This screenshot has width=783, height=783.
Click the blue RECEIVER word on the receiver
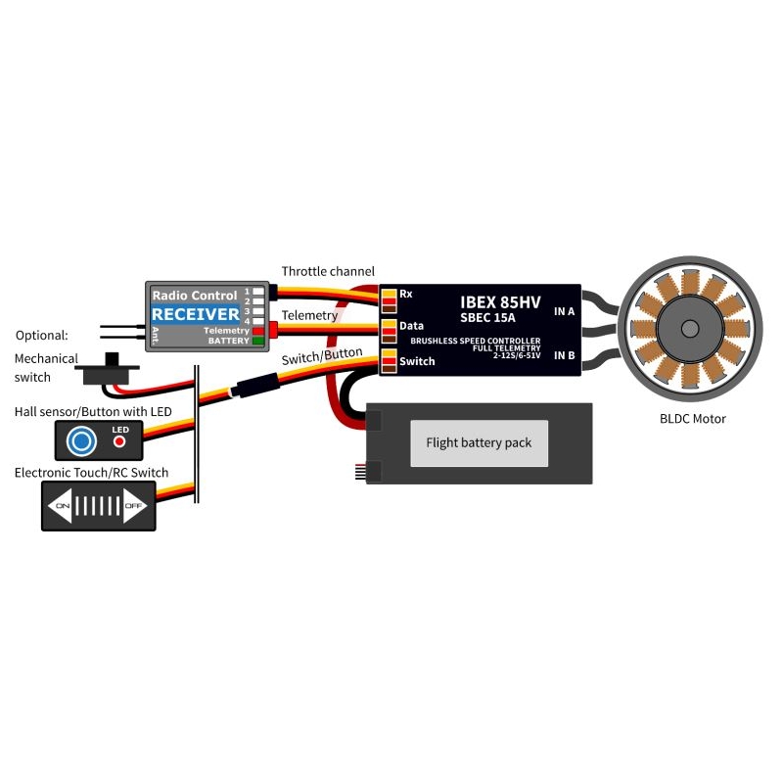click(x=195, y=314)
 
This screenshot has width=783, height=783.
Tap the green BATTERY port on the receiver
click(x=258, y=341)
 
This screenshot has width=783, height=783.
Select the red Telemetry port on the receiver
click(x=258, y=331)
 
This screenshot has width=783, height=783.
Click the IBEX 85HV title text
click(x=500, y=302)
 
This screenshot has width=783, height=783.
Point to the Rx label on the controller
click(x=406, y=294)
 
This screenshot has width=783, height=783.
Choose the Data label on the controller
click(x=411, y=326)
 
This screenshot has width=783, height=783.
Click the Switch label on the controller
click(x=417, y=361)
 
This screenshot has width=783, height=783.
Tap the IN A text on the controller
click(x=565, y=311)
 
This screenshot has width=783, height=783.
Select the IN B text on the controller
click(x=565, y=355)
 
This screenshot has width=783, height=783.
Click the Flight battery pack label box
click(x=479, y=443)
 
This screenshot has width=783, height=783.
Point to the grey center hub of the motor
click(x=690, y=329)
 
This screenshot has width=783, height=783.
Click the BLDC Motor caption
click(x=693, y=419)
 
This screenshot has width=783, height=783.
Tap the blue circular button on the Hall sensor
click(x=81, y=441)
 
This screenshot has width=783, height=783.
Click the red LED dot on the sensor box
click(x=119, y=441)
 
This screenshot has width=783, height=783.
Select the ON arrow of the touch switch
click(x=61, y=506)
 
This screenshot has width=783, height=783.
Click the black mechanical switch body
click(x=107, y=371)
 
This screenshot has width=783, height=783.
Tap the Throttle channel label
click(x=328, y=271)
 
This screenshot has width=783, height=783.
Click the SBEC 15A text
click(x=487, y=317)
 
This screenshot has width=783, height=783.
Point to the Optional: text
click(x=41, y=335)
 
